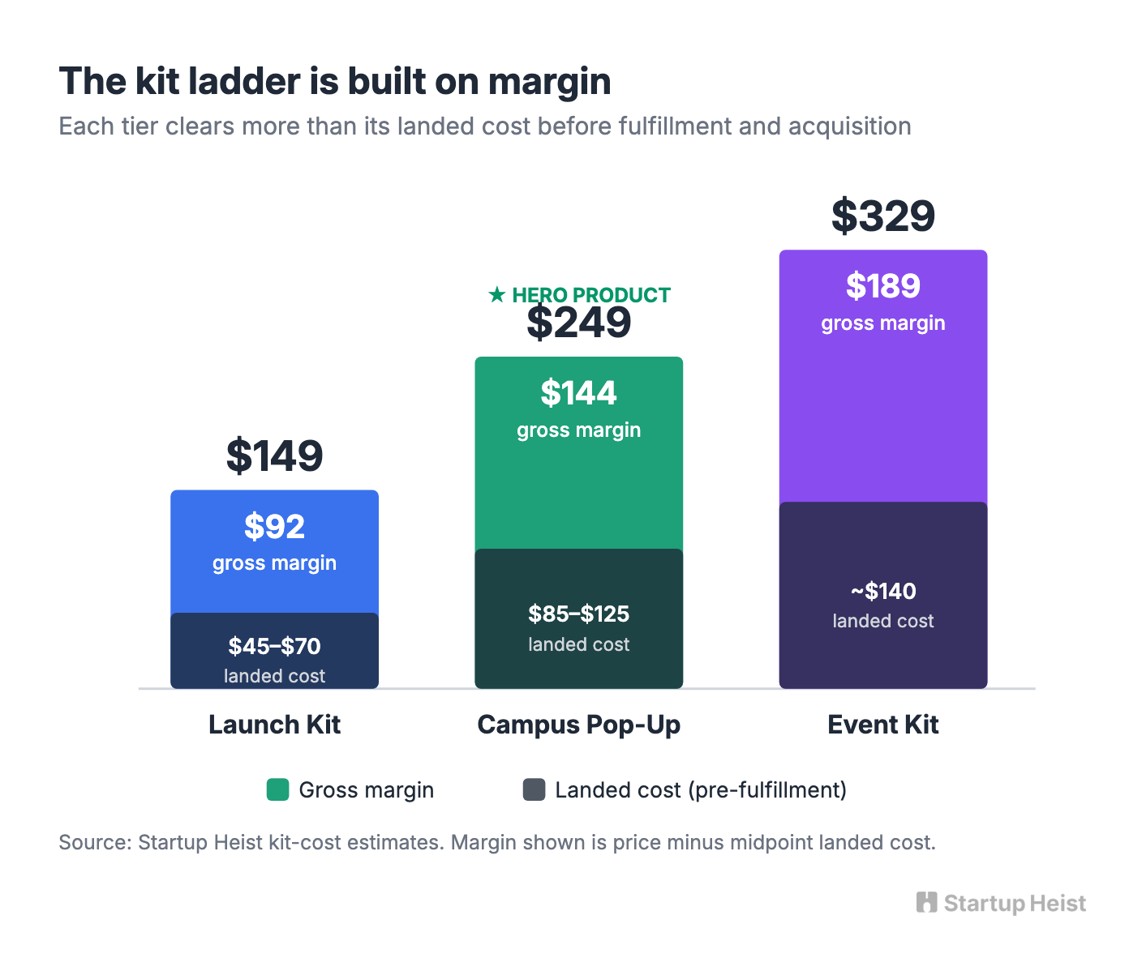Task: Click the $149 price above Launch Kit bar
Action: [275, 456]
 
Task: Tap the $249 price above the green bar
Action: [578, 323]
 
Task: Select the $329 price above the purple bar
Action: [883, 216]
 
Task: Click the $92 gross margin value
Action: [275, 526]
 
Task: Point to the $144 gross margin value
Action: [578, 393]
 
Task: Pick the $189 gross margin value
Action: [883, 286]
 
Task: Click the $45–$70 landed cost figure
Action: [275, 646]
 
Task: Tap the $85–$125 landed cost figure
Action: [578, 614]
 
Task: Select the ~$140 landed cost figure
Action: [883, 591]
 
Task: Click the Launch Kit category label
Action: [275, 725]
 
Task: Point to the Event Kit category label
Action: [883, 725]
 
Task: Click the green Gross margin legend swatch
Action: [278, 790]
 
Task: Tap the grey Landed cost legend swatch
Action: [535, 790]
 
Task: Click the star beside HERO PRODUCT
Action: [496, 295]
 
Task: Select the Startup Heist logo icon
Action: [926, 903]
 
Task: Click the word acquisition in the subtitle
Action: [850, 127]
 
